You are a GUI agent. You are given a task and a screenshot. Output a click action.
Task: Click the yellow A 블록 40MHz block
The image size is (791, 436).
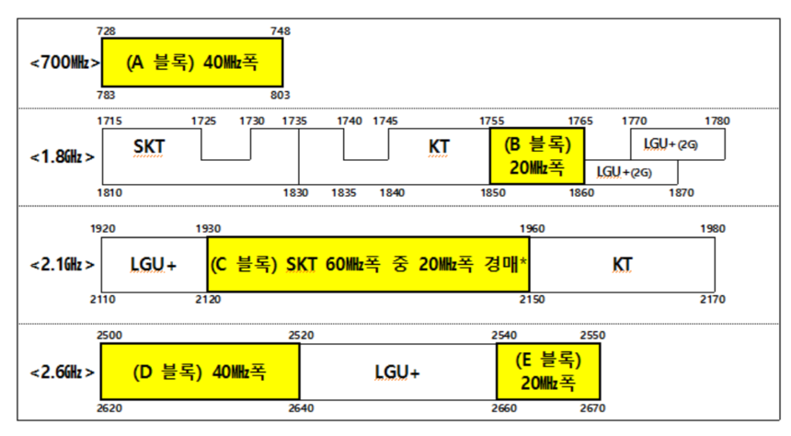pos(191,63)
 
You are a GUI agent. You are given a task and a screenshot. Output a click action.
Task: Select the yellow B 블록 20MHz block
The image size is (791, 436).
pos(537,156)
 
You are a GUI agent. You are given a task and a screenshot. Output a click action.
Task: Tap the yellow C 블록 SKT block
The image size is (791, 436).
pos(368,265)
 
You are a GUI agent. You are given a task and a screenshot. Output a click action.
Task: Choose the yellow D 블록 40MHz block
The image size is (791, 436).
pos(200,372)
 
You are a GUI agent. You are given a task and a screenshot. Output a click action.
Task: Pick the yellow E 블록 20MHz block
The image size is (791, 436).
pos(548,371)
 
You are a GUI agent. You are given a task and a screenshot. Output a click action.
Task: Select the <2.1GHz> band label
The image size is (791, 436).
pos(63,265)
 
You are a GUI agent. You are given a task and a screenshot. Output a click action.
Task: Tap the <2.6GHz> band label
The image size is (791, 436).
pos(63,373)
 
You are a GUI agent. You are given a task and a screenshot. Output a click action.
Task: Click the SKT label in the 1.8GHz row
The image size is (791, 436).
pos(149,146)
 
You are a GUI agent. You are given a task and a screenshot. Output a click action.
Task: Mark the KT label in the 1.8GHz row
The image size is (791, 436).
pos(439,146)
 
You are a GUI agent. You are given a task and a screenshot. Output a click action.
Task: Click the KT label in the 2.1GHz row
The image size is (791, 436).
pos(623,265)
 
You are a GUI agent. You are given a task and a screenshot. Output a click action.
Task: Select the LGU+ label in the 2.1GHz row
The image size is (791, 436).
pos(153,265)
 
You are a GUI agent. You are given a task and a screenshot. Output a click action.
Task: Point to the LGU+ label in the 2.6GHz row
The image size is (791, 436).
pos(397,373)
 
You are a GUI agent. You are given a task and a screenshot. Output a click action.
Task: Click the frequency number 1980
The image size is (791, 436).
pos(713,229)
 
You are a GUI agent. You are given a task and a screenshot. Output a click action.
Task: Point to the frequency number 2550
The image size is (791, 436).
pos(591,336)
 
